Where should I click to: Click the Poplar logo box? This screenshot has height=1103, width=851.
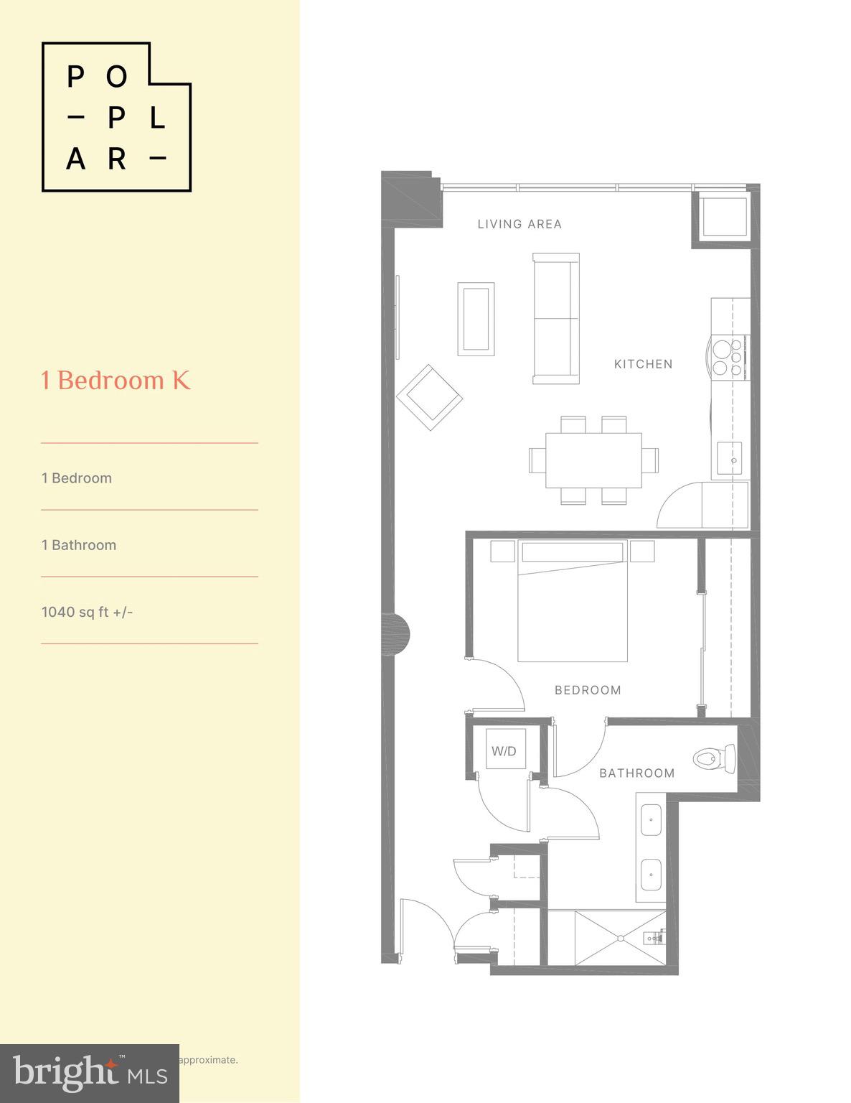116,117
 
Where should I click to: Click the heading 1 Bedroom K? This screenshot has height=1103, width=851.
116,381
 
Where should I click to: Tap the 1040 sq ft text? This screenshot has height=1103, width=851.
87,612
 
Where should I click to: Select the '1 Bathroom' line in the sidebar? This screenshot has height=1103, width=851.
79,545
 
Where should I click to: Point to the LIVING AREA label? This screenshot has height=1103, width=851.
519,224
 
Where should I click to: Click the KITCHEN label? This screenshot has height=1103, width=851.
643,364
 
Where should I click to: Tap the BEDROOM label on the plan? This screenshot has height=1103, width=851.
588,690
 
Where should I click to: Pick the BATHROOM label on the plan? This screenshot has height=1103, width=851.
636,773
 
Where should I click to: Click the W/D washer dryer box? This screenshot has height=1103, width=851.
504,750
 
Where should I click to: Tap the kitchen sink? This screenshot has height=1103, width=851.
730,458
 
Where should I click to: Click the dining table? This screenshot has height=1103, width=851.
593,460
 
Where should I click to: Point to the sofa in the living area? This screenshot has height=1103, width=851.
556,318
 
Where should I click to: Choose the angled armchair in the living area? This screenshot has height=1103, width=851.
429,398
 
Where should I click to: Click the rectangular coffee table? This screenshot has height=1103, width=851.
476,319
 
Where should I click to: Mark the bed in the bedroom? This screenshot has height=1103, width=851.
573,602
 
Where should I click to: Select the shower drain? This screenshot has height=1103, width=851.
620,938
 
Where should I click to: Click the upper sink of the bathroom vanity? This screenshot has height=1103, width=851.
651,819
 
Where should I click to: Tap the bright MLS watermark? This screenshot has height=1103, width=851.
90,1074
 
